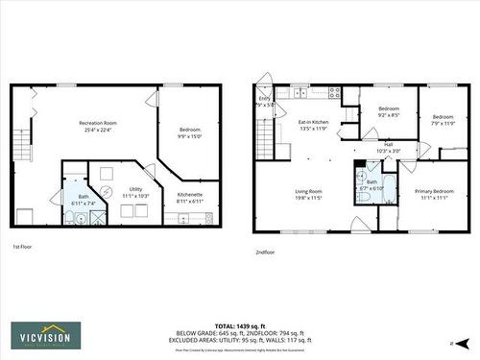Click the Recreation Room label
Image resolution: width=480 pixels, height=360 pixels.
point(98,123)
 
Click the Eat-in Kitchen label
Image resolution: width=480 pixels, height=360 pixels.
point(313,122)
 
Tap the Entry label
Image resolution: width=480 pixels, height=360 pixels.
point(264,99)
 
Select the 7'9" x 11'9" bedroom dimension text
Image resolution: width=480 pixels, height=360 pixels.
point(442,123)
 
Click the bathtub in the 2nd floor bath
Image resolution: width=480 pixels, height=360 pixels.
point(387,186)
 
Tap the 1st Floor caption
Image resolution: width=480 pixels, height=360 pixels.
point(24,247)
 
